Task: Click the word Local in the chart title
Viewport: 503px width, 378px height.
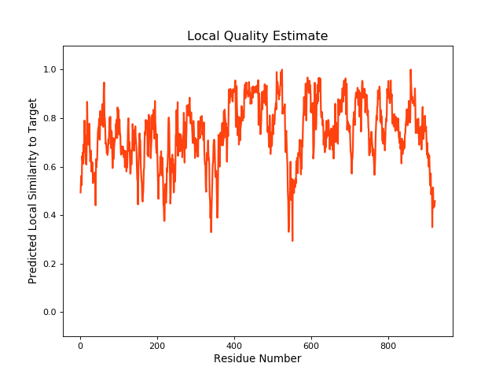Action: click(204, 36)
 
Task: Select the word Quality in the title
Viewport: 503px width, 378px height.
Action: click(245, 36)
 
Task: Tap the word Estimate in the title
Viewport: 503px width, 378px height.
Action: click(299, 36)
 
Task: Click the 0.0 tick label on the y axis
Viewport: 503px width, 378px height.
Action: click(49, 313)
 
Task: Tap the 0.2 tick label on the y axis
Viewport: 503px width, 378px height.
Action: click(49, 264)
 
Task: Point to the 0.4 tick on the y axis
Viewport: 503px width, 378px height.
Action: click(49, 216)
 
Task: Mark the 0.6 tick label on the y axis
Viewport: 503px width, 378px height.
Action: click(49, 167)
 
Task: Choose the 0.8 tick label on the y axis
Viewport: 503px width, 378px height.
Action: click(49, 119)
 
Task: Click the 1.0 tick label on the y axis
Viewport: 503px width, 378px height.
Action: click(49, 70)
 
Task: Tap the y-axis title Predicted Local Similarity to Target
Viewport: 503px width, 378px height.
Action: click(33, 191)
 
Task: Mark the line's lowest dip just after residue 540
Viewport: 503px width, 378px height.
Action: click(292, 240)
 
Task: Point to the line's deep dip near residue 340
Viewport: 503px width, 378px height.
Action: click(211, 232)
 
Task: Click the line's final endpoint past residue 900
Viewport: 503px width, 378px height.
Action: click(435, 202)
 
